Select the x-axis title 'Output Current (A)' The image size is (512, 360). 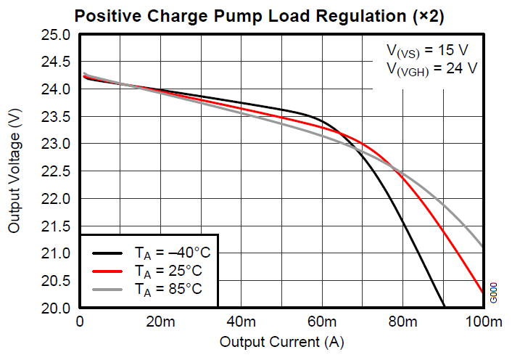(x=281, y=341)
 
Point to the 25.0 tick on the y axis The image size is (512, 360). (x=56, y=35)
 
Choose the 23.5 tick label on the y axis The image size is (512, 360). (x=56, y=117)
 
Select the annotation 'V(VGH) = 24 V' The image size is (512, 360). (x=432, y=69)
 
